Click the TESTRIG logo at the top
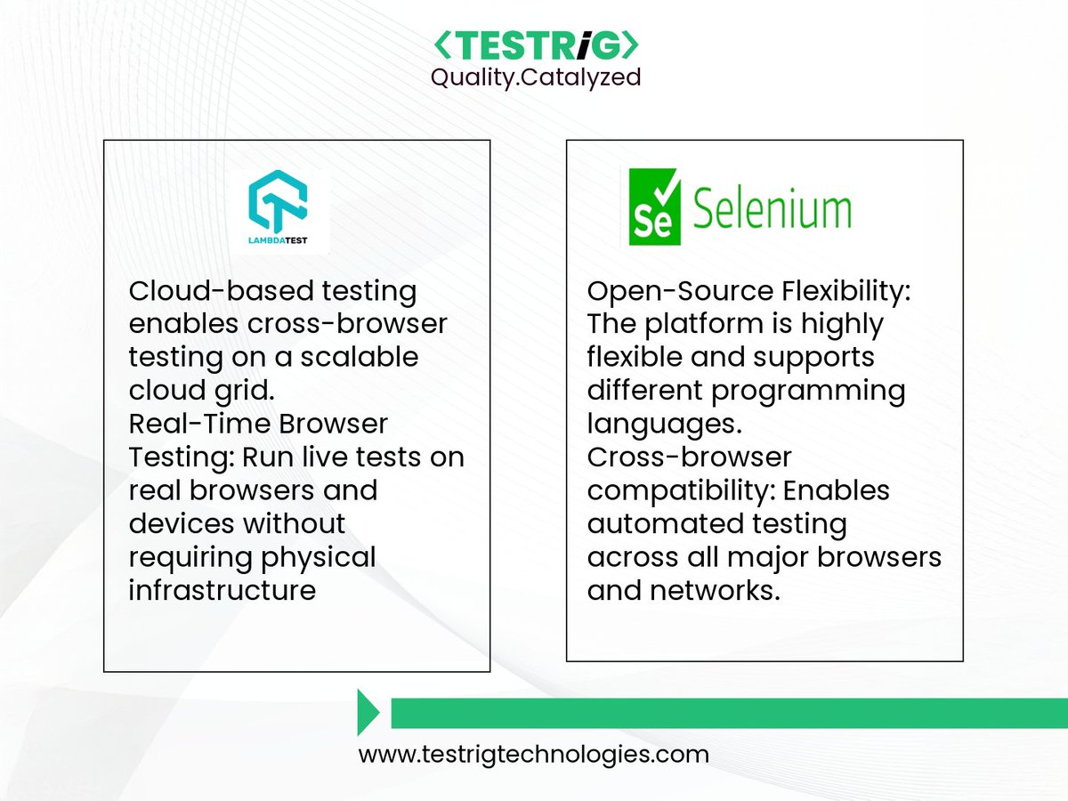[535, 45]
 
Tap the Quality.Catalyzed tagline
[535, 77]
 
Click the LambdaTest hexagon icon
[277, 204]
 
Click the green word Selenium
[772, 210]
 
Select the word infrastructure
[222, 589]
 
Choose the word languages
[664, 424]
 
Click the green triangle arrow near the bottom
[368, 712]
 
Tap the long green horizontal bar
[728, 713]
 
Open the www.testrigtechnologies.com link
[534, 755]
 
